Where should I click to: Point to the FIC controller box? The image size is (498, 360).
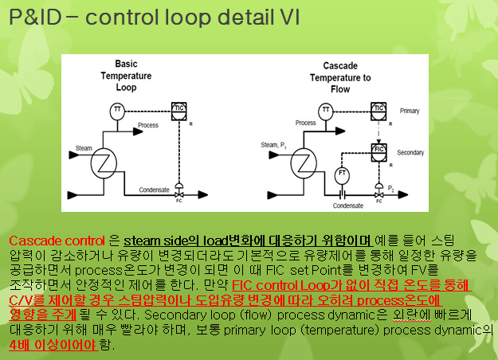(381, 149)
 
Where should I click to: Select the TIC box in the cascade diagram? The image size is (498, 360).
(380, 109)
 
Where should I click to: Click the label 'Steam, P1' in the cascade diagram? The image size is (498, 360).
(275, 145)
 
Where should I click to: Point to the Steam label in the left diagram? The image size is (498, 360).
(84, 148)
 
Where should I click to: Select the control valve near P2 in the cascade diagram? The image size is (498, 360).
(380, 191)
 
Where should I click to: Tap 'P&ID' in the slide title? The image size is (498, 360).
(36, 18)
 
